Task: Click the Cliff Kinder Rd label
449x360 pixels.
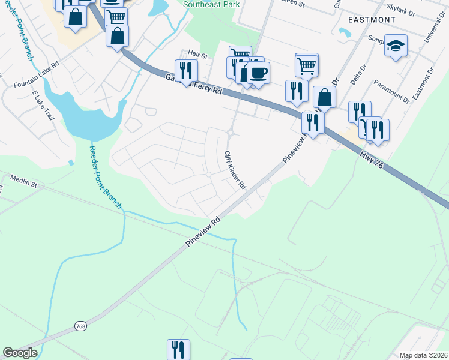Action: click(x=235, y=170)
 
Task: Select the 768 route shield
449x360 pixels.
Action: click(x=81, y=325)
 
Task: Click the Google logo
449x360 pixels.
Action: click(x=20, y=353)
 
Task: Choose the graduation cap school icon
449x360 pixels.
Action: click(x=396, y=46)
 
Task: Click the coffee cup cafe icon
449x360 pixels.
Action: click(x=258, y=73)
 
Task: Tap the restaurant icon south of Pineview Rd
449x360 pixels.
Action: click(x=178, y=349)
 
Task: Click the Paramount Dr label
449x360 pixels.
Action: click(x=391, y=90)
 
